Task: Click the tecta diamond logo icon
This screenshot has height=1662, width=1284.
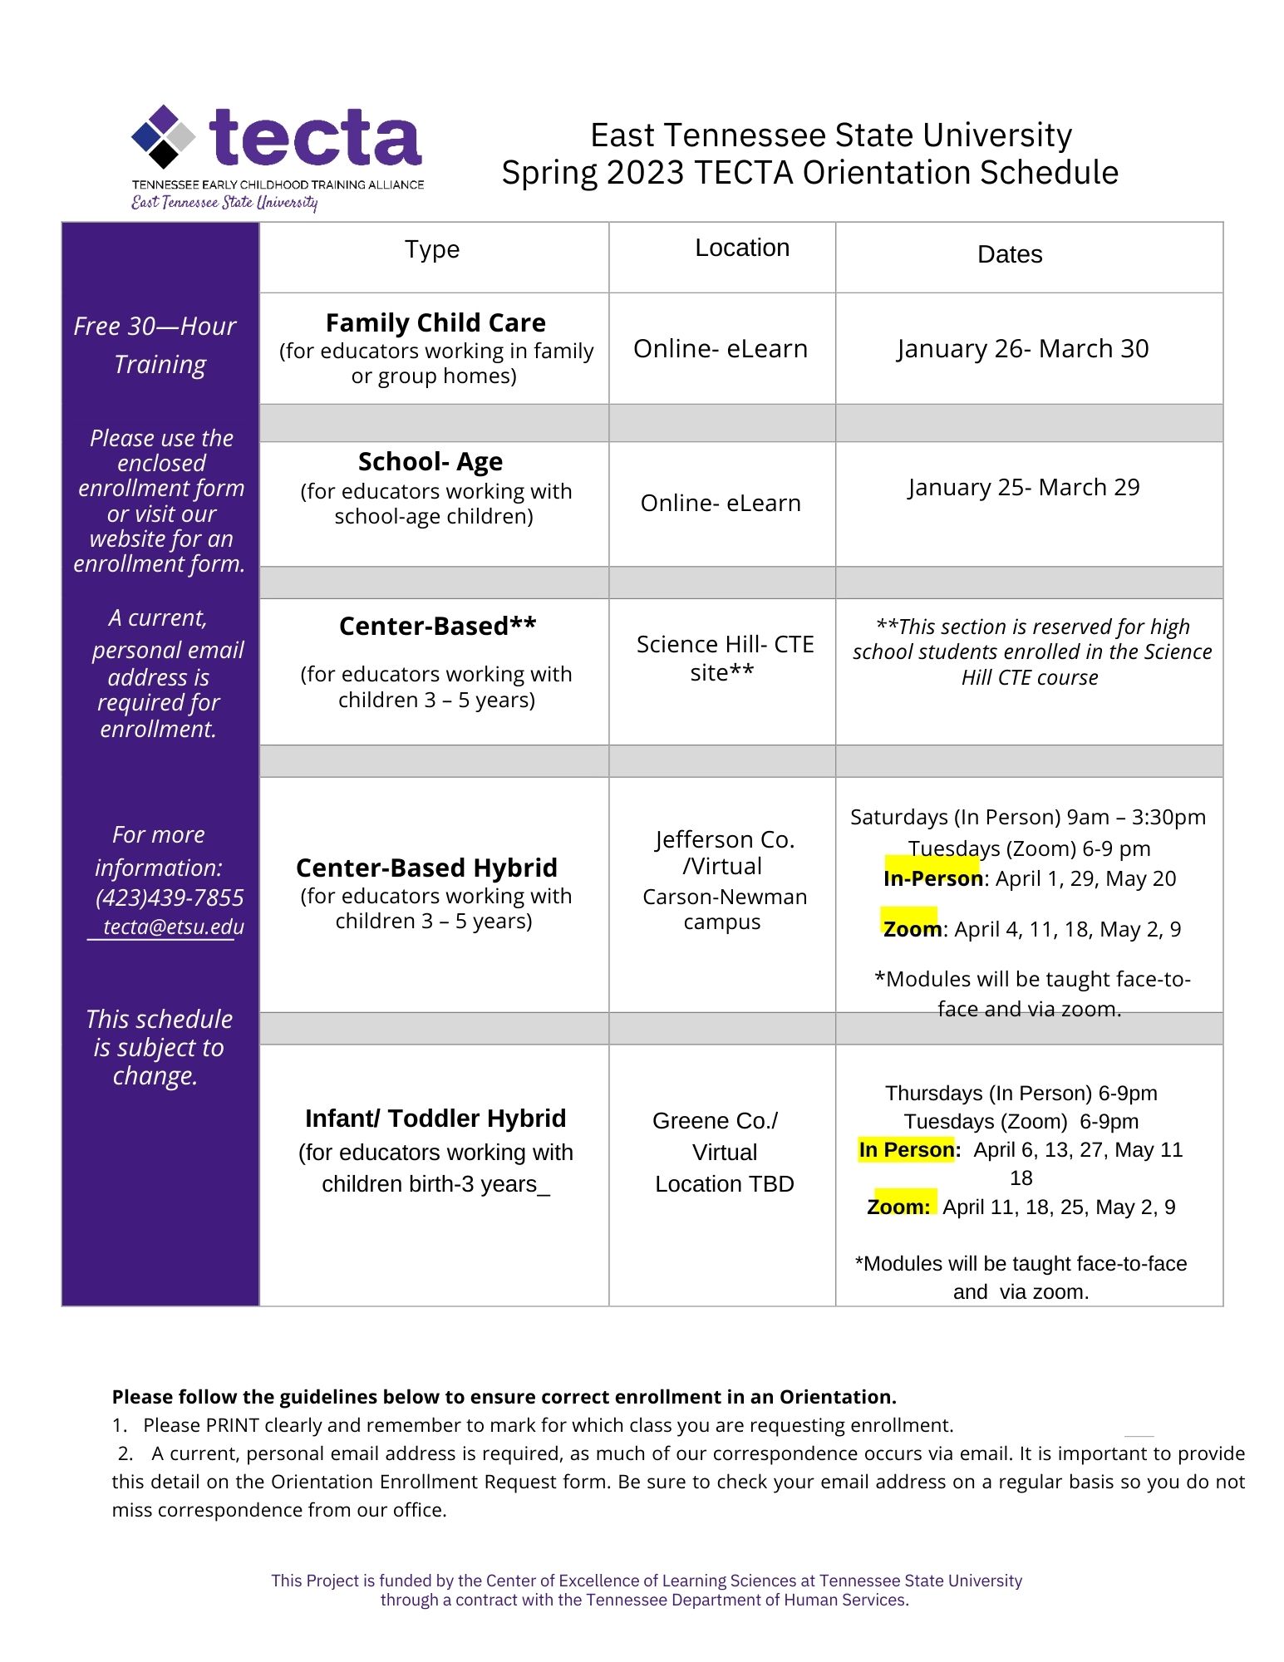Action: tap(165, 135)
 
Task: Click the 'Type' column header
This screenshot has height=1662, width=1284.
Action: tap(432, 249)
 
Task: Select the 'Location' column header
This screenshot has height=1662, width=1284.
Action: tap(742, 248)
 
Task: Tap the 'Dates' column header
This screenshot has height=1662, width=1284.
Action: tap(1010, 254)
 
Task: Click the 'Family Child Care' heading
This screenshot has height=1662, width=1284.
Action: tap(435, 322)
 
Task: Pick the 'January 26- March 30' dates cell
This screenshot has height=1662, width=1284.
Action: tap(1023, 348)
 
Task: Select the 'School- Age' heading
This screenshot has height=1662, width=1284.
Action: tap(430, 461)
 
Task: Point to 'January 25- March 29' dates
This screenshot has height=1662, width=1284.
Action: tap(1024, 487)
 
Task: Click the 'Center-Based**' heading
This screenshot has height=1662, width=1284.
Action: tap(437, 626)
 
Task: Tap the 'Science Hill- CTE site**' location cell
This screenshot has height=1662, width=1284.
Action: tap(725, 658)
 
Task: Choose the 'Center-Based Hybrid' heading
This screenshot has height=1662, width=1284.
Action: tap(426, 868)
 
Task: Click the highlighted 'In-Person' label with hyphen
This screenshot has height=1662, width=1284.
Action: tap(932, 878)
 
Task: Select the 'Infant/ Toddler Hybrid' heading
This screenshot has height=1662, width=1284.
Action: tap(435, 1119)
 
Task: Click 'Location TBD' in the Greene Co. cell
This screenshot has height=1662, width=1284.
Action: tap(725, 1183)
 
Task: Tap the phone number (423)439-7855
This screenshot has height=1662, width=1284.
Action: tap(170, 897)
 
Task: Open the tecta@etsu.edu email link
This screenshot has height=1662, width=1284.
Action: tap(174, 927)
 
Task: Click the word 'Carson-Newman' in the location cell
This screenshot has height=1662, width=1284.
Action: tap(725, 897)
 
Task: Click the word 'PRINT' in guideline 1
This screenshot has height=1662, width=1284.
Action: tap(233, 1425)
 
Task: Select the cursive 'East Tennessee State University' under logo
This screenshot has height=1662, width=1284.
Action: tap(224, 202)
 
